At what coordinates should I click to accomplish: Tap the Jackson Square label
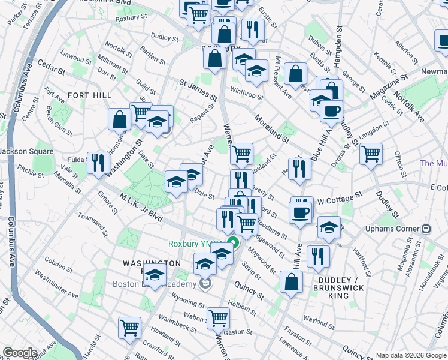(x=27, y=151)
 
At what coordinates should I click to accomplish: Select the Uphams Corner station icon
(x=426, y=229)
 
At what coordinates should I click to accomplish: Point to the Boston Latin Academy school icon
(x=206, y=284)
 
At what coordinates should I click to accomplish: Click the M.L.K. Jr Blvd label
(x=140, y=206)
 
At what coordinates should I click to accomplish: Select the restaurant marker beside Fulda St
(x=97, y=162)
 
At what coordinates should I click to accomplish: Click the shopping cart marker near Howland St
(x=129, y=328)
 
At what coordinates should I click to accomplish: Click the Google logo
(x=20, y=353)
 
